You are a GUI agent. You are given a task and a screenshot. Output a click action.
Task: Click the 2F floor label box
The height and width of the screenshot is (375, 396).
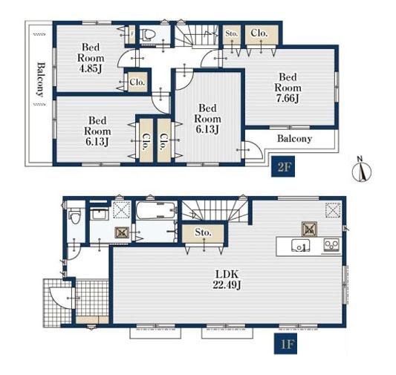283,166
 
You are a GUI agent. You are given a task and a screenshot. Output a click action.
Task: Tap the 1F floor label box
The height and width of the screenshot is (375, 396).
285,344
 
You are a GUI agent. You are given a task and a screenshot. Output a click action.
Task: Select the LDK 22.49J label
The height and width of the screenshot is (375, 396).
227,279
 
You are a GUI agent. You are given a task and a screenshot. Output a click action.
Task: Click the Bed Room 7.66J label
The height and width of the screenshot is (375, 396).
288,88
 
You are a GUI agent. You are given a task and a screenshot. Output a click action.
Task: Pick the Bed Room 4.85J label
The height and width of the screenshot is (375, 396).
91,58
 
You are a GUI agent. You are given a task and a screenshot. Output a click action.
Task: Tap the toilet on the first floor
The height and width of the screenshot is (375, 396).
75,216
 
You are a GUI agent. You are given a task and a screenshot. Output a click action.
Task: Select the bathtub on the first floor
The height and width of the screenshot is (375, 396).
156,210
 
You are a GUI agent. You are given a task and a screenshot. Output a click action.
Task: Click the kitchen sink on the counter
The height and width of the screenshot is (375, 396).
301,245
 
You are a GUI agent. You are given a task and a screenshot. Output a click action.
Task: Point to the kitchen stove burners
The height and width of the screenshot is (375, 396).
331,245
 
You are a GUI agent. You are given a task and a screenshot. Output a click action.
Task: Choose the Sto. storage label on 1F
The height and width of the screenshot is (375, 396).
203,232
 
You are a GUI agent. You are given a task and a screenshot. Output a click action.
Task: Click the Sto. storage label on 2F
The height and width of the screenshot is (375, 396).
231,33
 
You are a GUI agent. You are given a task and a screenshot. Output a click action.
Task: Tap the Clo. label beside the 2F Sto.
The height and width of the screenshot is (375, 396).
259,33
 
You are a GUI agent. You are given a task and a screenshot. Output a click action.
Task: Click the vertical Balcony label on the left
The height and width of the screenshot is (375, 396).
40,79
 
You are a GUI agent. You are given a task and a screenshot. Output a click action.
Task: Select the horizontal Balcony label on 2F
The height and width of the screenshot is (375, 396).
294,139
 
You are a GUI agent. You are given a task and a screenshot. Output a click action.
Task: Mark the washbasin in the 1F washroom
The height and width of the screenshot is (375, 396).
100,215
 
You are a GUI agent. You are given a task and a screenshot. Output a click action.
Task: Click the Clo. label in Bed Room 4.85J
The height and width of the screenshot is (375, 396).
137,82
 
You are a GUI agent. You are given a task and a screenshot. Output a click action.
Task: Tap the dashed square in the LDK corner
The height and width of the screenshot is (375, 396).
333,210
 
